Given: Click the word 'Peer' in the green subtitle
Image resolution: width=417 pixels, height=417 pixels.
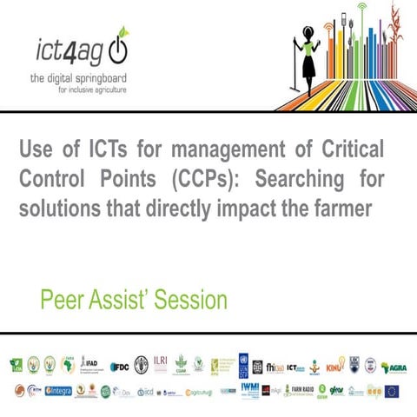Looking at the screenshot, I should coord(63,301).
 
